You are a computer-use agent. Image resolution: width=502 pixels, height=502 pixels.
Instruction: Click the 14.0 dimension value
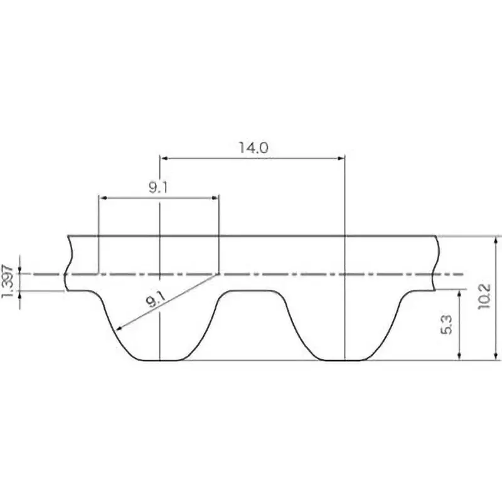point(253,148)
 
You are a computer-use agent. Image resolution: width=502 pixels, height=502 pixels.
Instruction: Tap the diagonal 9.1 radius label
point(154,300)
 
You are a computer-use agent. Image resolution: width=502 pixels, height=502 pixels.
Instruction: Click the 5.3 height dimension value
point(447,324)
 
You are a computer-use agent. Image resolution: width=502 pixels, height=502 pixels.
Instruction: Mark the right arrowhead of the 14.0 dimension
point(341,158)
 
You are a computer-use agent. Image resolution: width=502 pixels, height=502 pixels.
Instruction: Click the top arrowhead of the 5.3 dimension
point(461,294)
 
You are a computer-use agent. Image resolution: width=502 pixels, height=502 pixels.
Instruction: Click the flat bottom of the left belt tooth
point(161,360)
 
